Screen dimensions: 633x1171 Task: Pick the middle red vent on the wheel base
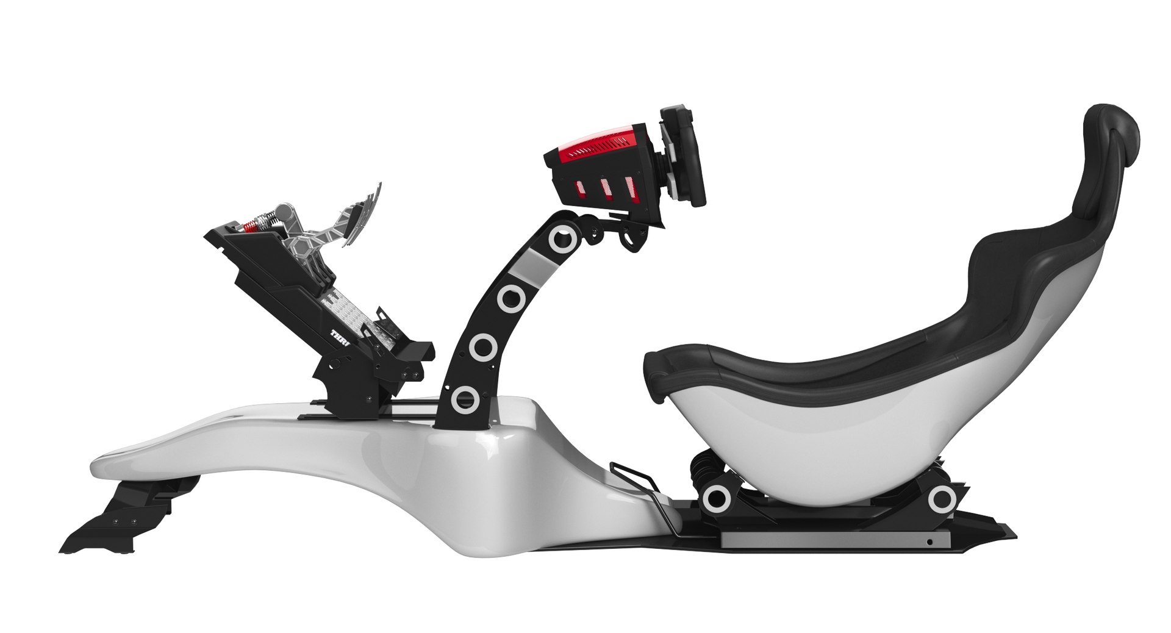click(607, 189)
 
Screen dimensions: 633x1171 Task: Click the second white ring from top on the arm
click(509, 297)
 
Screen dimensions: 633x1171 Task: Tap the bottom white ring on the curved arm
click(465, 398)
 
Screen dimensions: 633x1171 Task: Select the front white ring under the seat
click(716, 499)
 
